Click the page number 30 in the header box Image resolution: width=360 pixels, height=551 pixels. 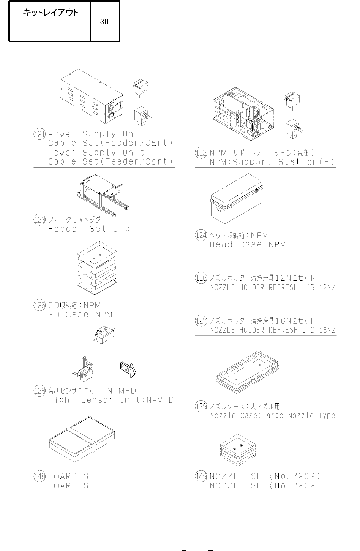tap(104, 22)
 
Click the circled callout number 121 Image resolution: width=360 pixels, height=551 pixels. tap(39, 134)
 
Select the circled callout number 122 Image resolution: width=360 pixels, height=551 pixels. tap(201, 153)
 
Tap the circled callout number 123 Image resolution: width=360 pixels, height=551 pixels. tap(39, 220)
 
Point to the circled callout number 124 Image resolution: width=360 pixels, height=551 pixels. tap(201, 235)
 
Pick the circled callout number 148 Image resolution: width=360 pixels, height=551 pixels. tap(39, 477)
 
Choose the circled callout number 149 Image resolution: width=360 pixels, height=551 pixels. tap(201, 477)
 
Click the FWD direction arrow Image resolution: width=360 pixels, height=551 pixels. tap(128, 369)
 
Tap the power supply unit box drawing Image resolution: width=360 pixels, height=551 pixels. tap(92, 97)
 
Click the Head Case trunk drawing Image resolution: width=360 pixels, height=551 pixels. tap(237, 198)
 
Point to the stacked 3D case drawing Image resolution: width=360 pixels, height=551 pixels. tap(97, 268)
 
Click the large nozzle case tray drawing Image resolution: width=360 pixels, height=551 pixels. tap(248, 372)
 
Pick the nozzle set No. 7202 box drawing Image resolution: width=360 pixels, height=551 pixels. tap(238, 450)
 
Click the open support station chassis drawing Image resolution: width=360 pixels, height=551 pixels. tap(243, 114)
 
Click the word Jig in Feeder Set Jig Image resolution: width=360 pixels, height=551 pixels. tap(122, 229)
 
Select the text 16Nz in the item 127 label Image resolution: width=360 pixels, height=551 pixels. tap(327, 330)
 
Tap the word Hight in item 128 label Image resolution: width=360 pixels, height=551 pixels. tap(62, 400)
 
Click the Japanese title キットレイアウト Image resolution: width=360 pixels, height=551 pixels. tap(51, 13)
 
